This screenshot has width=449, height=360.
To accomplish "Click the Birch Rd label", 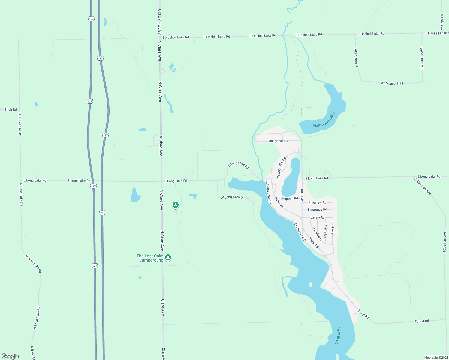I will [11, 109].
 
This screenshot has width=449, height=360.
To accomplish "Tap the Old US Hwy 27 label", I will [160, 23].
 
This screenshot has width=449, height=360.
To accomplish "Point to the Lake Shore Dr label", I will [356, 58].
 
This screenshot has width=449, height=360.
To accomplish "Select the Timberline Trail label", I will [422, 58].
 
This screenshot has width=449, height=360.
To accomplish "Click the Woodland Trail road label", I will [392, 83].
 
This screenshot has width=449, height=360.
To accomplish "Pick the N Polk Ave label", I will [442, 22].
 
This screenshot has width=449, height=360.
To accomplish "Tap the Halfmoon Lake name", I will [324, 120].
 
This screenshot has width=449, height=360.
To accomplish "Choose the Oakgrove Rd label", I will [278, 141].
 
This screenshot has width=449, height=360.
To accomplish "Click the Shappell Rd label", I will [289, 199].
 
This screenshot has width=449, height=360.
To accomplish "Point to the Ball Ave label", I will [302, 195].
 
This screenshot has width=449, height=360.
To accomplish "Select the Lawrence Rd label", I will [317, 210].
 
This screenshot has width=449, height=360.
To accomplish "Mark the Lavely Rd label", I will [317, 217].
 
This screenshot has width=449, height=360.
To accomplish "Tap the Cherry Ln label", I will [325, 230].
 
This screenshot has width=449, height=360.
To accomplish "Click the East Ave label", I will [333, 228].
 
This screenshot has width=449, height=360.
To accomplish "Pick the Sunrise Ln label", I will [317, 235].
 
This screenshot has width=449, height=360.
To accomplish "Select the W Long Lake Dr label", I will [232, 197].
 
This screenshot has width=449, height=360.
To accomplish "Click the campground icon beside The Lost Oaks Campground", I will [168, 257].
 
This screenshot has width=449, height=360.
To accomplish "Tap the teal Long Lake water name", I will [338, 335].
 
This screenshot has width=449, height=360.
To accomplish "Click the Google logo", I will [10, 356].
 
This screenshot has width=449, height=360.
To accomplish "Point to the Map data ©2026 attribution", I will [436, 358].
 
